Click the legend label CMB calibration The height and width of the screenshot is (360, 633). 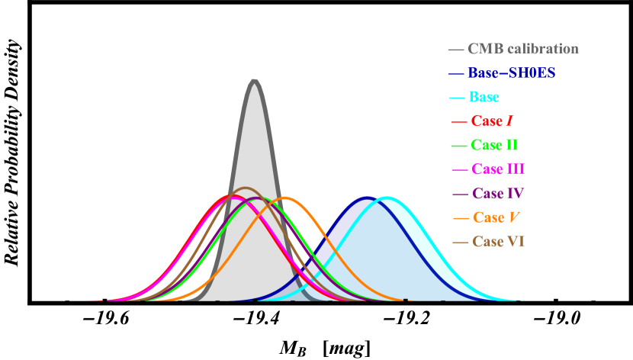(523, 49)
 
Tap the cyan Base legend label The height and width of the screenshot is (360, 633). (484, 97)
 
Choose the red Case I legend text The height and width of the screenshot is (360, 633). (492, 121)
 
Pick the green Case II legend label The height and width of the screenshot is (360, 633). (495, 145)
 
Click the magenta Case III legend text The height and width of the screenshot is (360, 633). (498, 169)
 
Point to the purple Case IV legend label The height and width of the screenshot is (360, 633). (498, 193)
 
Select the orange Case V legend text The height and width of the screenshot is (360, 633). (496, 217)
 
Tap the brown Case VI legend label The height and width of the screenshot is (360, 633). (498, 241)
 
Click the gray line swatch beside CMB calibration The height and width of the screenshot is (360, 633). (457, 50)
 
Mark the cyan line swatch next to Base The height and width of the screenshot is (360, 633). (457, 98)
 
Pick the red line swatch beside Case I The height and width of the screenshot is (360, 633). (459, 121)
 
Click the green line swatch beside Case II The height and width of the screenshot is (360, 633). (459, 146)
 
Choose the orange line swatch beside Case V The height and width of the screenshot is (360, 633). (461, 218)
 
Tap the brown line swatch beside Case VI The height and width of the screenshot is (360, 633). (460, 242)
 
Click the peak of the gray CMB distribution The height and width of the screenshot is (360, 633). (254, 79)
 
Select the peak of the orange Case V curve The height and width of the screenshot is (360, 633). (285, 198)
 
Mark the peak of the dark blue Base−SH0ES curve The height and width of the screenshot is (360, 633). (368, 197)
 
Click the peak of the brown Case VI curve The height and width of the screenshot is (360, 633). (246, 188)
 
